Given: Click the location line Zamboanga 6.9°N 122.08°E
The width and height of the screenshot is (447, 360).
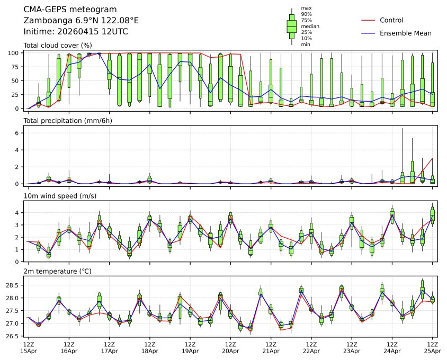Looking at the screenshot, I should coord(81,21).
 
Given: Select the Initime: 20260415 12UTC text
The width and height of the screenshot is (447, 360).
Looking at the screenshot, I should coord(76,32).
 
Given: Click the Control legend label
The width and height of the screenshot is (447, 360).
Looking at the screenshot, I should coord(391,20).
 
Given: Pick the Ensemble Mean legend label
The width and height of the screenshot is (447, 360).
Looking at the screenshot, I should coord(406,33).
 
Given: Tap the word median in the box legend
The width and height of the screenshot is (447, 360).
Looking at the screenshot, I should coord(310,26).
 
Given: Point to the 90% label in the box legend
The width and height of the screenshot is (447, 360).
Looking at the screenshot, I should coord(306,14).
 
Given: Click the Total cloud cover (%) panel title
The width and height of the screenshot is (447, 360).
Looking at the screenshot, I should coord(58,45).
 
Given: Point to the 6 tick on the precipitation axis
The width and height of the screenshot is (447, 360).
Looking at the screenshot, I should coord(17,133).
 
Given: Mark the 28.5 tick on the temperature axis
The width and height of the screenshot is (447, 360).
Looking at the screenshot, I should coord(13,285).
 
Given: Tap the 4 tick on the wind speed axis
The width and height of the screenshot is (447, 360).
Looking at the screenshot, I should coord(17,213).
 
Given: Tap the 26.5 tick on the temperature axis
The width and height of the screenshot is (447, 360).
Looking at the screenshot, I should coord(13,336).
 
